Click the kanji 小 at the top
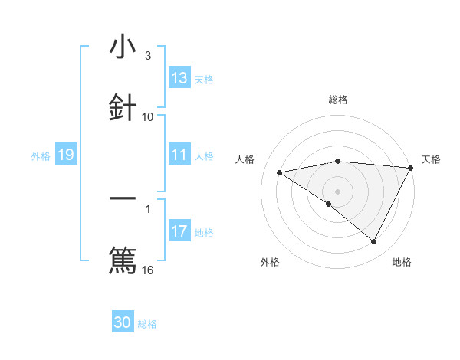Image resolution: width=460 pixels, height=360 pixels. click(x=123, y=47)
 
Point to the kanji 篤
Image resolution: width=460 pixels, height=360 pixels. click(x=123, y=259)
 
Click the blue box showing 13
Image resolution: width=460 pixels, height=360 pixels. click(x=179, y=78)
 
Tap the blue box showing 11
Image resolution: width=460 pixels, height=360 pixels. click(x=179, y=155)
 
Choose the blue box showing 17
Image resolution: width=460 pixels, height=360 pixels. click(x=179, y=231)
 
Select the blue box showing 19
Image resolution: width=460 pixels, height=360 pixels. click(x=65, y=155)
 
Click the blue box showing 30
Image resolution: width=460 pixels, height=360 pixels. click(x=123, y=322)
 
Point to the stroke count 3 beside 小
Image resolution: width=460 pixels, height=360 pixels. click(x=147, y=56)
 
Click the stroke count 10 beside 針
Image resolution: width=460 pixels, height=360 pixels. click(x=148, y=116)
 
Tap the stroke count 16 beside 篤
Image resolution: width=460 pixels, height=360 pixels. click(x=148, y=270)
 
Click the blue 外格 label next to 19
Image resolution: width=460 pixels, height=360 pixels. click(x=41, y=156)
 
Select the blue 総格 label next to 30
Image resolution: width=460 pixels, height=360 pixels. click(x=147, y=324)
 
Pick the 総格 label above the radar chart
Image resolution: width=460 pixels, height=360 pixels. click(x=338, y=100)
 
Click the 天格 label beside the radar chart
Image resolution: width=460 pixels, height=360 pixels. click(x=432, y=159)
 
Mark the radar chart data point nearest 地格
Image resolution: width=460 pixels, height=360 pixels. click(x=374, y=242)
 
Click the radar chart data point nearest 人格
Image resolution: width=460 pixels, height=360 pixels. click(x=280, y=172)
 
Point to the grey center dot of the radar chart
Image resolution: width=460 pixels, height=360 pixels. click(x=338, y=191)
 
